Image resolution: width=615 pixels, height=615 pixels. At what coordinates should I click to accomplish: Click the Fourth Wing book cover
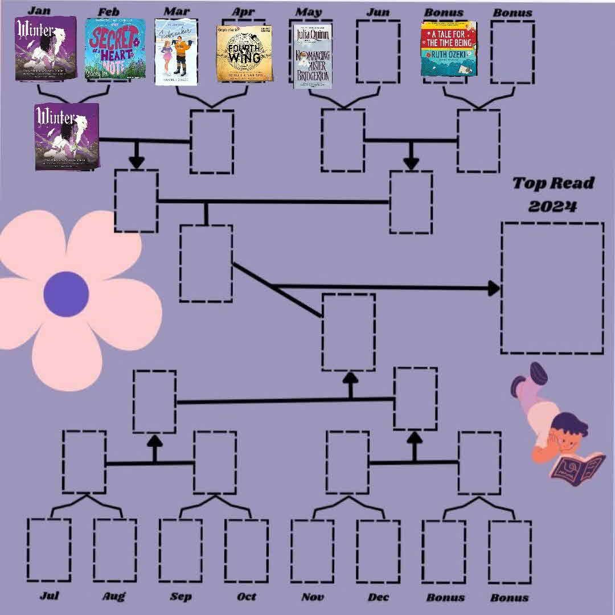(244, 53)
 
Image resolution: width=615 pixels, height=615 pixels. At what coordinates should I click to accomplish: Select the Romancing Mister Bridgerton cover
(312, 56)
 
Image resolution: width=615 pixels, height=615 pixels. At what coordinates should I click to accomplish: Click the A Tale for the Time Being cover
(448, 48)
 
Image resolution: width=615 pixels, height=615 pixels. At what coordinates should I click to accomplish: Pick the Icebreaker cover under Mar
(176, 52)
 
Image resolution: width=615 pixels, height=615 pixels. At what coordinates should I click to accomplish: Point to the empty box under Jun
(378, 52)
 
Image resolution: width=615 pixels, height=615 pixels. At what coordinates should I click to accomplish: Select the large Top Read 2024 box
(552, 288)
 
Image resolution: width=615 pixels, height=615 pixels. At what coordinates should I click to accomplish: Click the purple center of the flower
(66, 294)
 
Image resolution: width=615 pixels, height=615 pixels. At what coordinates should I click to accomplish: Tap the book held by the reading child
(576, 465)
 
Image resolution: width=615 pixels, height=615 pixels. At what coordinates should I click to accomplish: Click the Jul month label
(50, 596)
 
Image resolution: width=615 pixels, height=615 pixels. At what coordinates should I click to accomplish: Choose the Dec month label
(379, 597)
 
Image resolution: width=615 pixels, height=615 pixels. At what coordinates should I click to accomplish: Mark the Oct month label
(247, 597)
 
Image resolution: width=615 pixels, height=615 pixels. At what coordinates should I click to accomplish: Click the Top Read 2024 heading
(546, 194)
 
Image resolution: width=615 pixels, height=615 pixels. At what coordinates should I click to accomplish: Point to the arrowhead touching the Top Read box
(494, 288)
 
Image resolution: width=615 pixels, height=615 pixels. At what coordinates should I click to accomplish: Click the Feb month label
(108, 11)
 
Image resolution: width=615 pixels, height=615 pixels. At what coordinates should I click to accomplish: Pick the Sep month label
(181, 597)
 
